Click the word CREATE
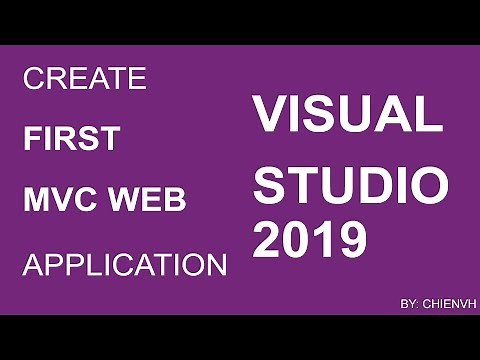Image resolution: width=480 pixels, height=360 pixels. coord(84,78)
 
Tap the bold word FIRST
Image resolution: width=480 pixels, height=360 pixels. coord(70,139)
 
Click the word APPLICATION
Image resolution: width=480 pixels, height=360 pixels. coord(124,265)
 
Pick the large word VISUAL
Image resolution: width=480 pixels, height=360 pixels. coord(347,114)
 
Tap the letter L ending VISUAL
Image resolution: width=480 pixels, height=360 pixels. coord(429,114)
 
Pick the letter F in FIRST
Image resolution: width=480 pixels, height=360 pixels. coord(30,139)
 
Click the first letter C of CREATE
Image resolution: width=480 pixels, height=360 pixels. coord(32,78)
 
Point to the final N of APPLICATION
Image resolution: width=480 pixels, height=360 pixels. coord(215,265)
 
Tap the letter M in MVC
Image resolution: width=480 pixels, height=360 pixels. coord(36,200)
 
